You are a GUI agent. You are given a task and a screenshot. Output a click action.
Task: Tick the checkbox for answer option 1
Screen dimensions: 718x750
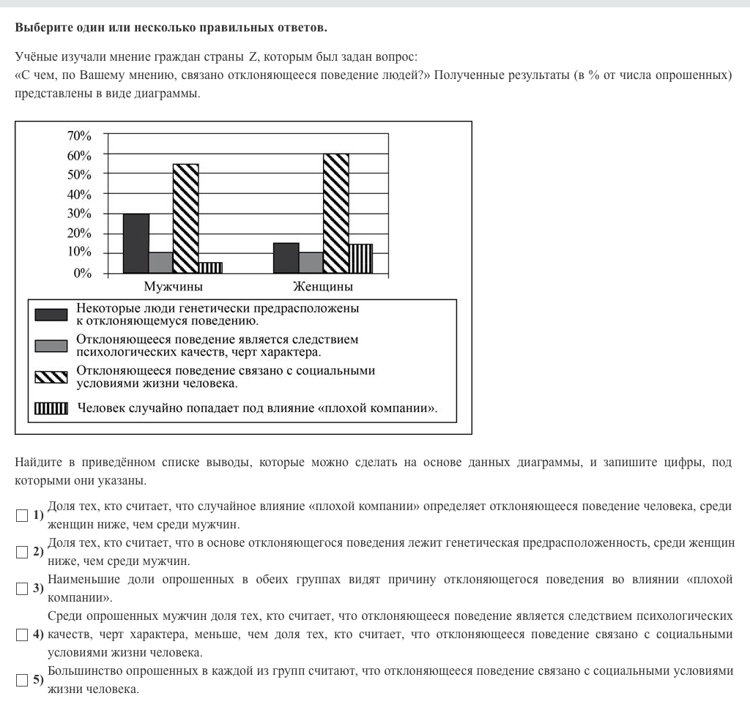[x=22, y=516]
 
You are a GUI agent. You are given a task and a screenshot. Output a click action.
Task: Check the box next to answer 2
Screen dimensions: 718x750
[x=22, y=552]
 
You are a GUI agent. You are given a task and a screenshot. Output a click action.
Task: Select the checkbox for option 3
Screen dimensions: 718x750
[x=22, y=588]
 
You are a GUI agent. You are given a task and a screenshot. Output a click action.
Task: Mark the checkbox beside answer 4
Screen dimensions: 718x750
[x=22, y=633]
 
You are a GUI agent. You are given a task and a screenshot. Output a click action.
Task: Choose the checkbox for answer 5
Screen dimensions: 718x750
[x=22, y=680]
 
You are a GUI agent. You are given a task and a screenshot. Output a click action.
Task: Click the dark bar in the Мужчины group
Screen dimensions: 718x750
[x=136, y=243]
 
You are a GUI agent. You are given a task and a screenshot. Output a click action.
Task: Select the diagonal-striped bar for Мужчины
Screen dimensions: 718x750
[x=185, y=218]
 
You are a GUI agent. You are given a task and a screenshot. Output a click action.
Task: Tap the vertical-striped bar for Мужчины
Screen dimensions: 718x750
[x=210, y=267]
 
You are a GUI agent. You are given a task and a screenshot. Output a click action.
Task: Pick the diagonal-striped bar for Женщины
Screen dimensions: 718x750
[x=335, y=213]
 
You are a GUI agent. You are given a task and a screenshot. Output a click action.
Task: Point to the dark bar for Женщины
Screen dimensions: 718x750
[x=286, y=258]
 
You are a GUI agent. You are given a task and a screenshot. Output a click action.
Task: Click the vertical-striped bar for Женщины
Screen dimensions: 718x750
[x=360, y=258]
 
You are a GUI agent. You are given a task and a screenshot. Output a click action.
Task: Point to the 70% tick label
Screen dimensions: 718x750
[x=79, y=136]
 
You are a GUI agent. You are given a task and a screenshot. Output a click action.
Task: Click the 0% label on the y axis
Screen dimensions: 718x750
[x=82, y=274]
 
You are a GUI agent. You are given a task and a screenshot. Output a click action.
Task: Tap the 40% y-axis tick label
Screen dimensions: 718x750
[x=79, y=195]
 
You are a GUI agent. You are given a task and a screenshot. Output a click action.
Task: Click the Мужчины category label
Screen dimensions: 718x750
[x=174, y=286]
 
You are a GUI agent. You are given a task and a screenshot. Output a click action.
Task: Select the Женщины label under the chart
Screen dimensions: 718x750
[x=323, y=286]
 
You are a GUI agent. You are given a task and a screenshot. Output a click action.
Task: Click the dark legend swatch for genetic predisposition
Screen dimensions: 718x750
[x=51, y=315]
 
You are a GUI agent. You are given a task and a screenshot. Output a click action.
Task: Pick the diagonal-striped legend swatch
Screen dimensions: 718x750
[x=51, y=377]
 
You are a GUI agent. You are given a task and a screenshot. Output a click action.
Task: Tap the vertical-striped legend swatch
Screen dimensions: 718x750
[x=51, y=408]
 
